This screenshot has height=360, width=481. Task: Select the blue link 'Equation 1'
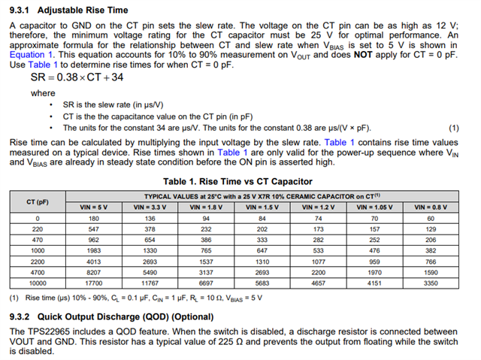32,55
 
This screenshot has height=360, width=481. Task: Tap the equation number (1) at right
453,127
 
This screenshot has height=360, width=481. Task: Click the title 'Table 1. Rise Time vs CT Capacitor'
237,181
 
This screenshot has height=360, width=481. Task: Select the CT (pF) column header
37,201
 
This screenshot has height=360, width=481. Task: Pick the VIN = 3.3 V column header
152,207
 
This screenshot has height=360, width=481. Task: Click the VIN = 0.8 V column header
431,207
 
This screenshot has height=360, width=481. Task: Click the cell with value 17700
94,284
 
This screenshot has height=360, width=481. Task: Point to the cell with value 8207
94,273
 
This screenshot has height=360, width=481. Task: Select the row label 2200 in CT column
37,262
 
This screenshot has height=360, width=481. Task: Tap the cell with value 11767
152,284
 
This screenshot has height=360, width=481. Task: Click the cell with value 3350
431,284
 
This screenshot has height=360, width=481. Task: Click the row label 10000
37,284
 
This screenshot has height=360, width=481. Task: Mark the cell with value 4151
375,284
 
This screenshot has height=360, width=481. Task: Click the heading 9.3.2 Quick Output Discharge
110,316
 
